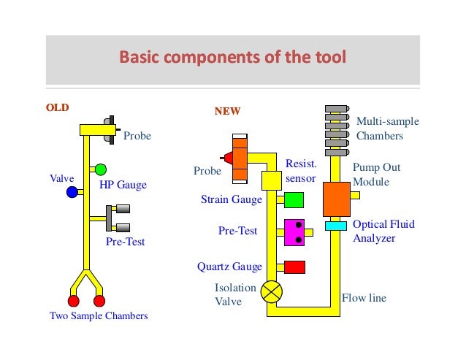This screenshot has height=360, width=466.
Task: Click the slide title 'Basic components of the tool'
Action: [x=232, y=57]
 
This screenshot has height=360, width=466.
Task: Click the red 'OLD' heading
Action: [x=58, y=107]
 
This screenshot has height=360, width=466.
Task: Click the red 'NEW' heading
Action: [x=226, y=112]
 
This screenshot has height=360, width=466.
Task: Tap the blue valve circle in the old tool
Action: [x=72, y=192]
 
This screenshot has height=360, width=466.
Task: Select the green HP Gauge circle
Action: [x=101, y=169]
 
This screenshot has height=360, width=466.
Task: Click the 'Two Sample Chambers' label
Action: [x=99, y=315]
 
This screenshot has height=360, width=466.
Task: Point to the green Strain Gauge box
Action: [x=294, y=199]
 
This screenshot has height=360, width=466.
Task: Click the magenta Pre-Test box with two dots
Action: [x=294, y=232]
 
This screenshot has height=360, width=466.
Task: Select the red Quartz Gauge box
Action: [x=294, y=267]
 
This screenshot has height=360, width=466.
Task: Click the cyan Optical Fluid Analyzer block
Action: [x=335, y=226]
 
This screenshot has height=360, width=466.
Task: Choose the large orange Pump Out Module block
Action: [x=337, y=196]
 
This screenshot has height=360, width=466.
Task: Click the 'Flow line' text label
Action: [x=364, y=298]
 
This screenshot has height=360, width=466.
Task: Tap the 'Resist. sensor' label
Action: [x=300, y=172]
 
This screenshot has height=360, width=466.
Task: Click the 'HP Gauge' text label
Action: [x=123, y=185]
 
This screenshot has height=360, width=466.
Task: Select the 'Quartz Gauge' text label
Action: [x=229, y=267]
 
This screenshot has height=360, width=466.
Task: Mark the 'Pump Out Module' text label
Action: [x=377, y=175]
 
